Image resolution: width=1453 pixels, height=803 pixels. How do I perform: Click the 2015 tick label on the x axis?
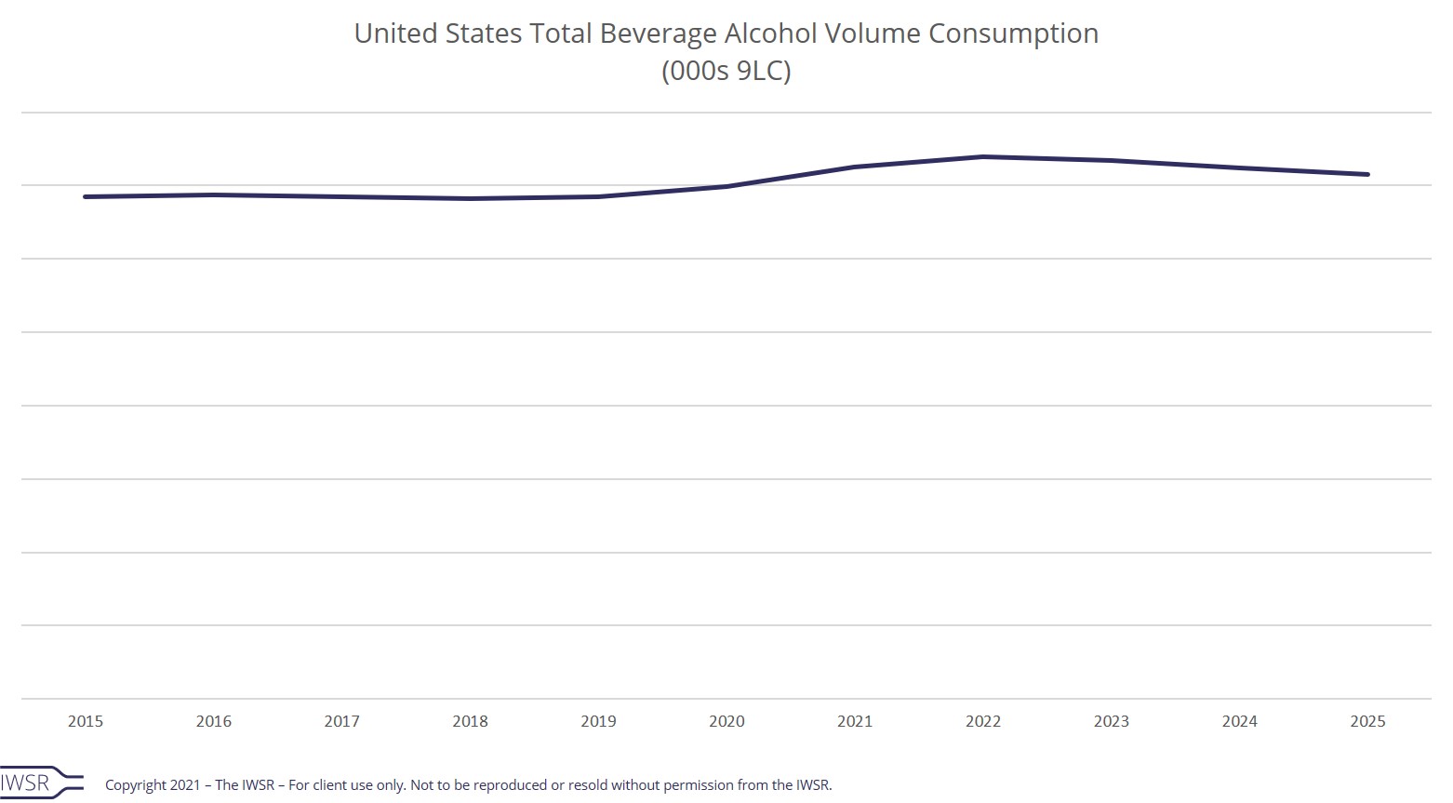point(86,721)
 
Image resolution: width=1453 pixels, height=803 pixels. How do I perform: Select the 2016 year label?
point(214,721)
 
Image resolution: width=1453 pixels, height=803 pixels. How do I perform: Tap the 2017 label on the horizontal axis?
point(341,721)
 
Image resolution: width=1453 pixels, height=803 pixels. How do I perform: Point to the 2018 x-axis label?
point(470,721)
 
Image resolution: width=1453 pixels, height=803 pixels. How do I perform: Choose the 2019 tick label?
point(598,721)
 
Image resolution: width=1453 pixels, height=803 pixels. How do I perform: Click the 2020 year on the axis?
point(726,721)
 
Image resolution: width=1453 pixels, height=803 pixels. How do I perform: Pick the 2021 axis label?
point(855,721)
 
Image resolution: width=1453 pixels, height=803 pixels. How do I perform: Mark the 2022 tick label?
point(983,721)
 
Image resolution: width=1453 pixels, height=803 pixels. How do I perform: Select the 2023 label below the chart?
point(1111,721)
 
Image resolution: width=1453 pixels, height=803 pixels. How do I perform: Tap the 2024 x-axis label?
point(1239,721)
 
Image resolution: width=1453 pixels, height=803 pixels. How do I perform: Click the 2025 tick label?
point(1367,721)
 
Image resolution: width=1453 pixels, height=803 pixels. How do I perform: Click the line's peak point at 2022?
point(983,156)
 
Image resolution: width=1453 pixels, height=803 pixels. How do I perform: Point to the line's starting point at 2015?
point(86,196)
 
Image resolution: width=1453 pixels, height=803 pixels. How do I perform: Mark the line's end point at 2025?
point(1367,174)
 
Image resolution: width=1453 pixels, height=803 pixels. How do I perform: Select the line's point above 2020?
point(726,186)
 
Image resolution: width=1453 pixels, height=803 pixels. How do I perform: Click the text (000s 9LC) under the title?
point(726,71)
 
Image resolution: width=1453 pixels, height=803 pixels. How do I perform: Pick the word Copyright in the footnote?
point(135,785)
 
